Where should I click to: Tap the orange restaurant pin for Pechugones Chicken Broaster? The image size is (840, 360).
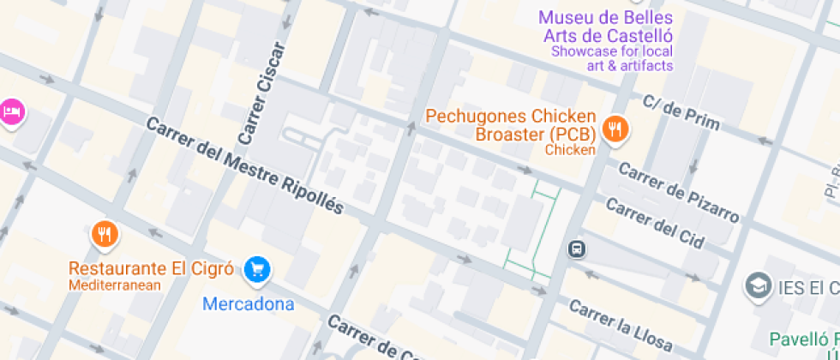click(x=615, y=129)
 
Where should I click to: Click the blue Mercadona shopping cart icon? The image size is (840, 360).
click(x=256, y=270)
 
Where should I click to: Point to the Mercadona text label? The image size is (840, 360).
click(x=248, y=304)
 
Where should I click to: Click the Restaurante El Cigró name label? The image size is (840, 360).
click(x=151, y=269)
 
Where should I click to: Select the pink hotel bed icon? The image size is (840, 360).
click(x=11, y=111)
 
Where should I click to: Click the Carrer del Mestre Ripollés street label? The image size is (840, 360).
click(x=244, y=165)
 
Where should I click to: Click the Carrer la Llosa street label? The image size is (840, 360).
click(x=621, y=325)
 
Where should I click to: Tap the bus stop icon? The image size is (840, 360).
click(x=577, y=249)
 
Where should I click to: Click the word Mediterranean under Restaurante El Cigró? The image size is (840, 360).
click(x=115, y=285)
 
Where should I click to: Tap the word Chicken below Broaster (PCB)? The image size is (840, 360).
click(x=570, y=150)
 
